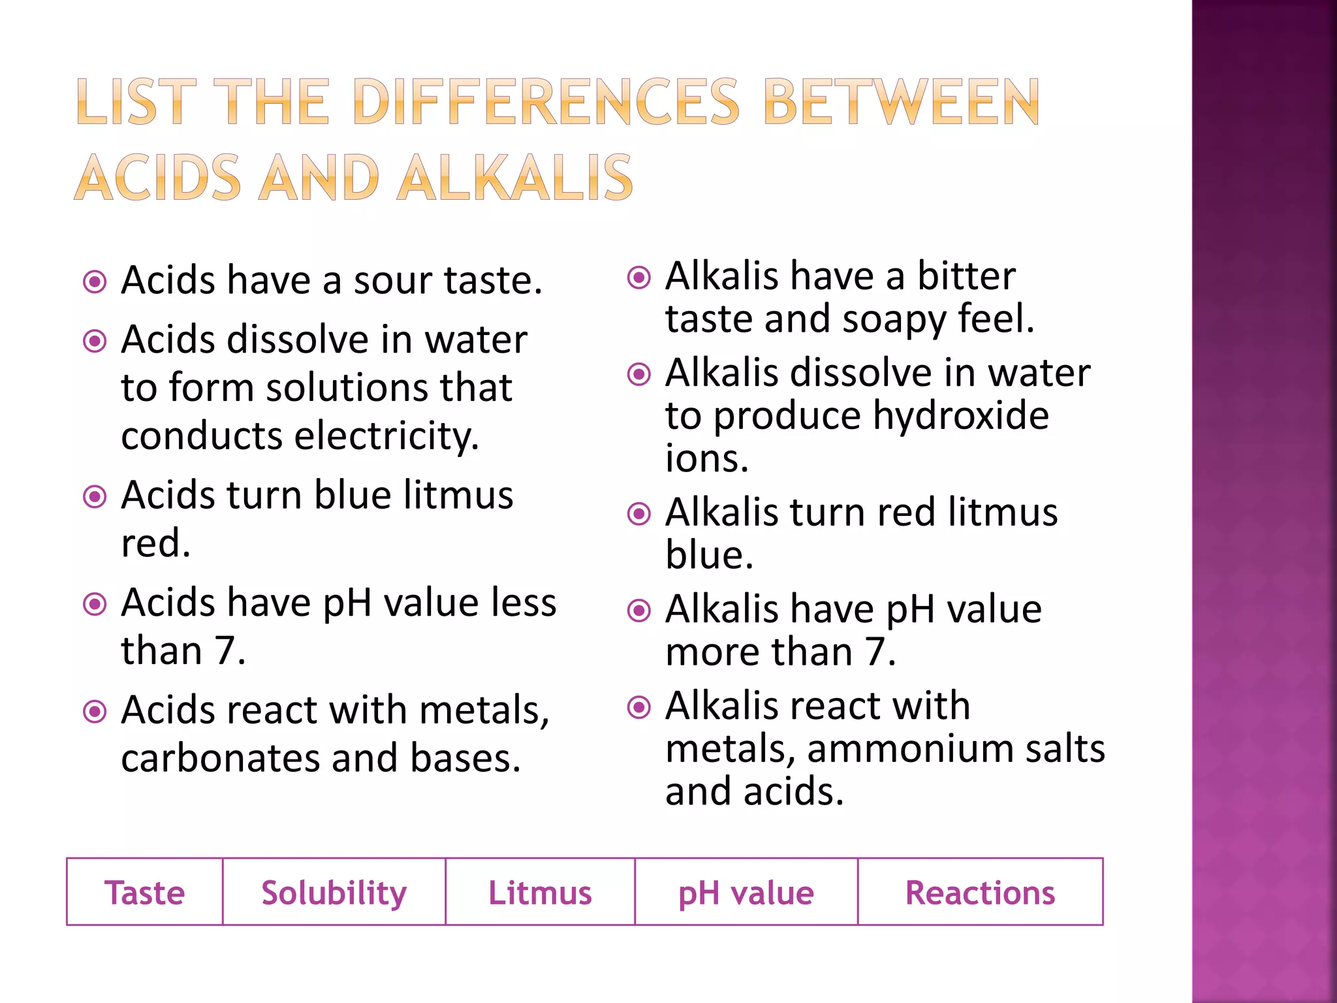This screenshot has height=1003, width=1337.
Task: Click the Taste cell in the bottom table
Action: [x=144, y=893]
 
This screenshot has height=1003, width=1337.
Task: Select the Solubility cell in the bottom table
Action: [x=334, y=893]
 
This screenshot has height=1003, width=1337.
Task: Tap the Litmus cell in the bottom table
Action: [x=540, y=893]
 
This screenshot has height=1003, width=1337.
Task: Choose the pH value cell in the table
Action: [x=746, y=893]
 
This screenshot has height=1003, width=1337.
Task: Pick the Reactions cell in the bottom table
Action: [x=980, y=893]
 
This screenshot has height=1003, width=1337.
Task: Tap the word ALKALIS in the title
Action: [x=516, y=178]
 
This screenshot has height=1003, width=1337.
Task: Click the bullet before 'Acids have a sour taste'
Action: [x=95, y=282]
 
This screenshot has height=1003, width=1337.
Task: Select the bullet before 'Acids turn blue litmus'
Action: [x=95, y=497]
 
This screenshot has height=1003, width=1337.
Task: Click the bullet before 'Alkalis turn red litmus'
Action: [x=639, y=514]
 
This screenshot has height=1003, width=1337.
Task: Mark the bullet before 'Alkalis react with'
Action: [x=639, y=707]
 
